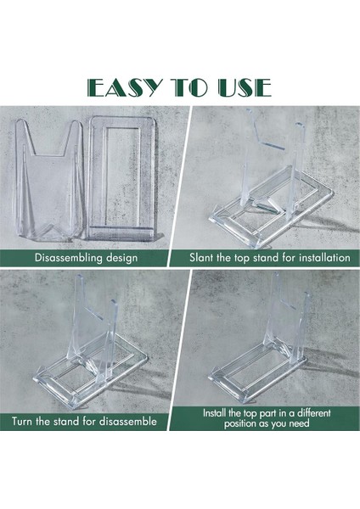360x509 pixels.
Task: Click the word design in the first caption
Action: [122, 258]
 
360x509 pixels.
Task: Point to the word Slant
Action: [201, 258]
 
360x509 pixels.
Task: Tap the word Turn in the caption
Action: [22, 422]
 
